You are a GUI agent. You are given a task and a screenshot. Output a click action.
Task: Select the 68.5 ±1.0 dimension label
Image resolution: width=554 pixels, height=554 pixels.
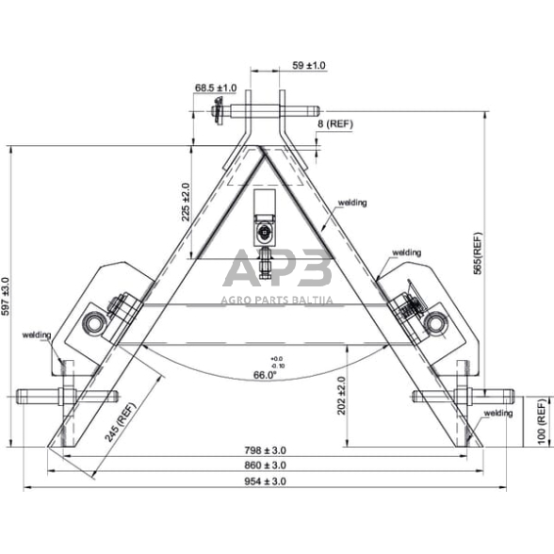(x=216, y=88)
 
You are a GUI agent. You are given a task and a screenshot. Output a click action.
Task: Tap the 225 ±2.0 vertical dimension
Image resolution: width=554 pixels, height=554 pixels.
(x=186, y=202)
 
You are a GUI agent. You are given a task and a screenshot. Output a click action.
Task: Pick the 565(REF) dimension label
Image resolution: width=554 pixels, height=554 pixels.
(x=478, y=253)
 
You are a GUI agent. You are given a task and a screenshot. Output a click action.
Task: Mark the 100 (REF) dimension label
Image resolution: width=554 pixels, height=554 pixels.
(x=540, y=421)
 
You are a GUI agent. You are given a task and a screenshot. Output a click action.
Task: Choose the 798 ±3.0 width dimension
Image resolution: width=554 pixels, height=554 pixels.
(x=264, y=450)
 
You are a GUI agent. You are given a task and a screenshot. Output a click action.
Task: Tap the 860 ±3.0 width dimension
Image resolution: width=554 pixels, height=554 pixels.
(x=264, y=465)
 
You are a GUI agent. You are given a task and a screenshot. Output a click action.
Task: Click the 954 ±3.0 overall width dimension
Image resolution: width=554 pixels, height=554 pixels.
(x=264, y=481)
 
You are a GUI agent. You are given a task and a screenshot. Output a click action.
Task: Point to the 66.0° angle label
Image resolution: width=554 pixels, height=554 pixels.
(x=266, y=375)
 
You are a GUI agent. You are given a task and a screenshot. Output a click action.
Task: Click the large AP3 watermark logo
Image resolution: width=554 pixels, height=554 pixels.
(x=277, y=269)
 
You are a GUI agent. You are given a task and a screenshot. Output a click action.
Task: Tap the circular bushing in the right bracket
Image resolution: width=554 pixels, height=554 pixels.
(x=432, y=324)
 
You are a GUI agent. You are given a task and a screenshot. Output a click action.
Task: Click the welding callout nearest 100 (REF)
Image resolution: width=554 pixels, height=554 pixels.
(x=497, y=413)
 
